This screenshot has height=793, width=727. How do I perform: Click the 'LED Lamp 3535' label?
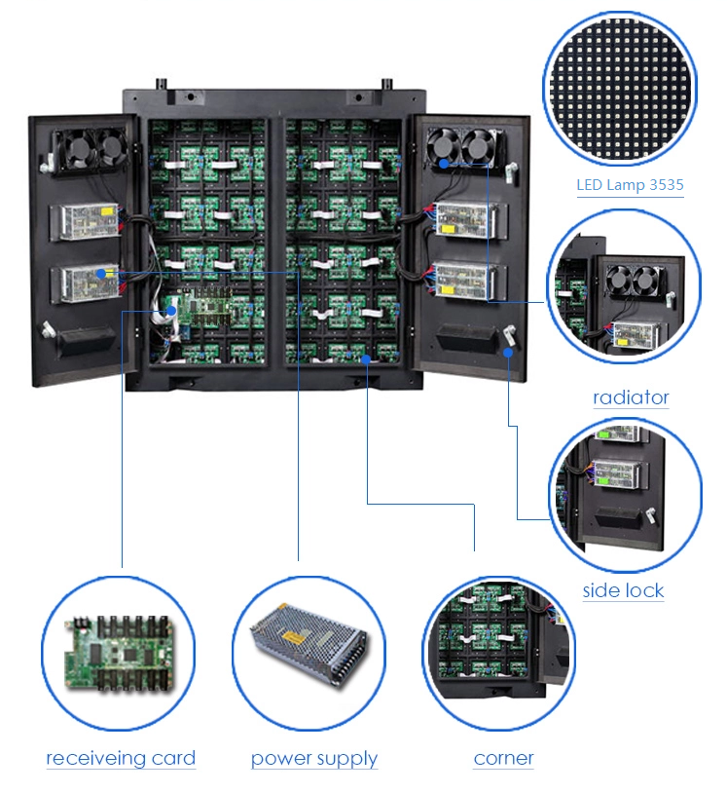(x=629, y=185)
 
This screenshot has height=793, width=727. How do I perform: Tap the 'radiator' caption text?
(x=631, y=397)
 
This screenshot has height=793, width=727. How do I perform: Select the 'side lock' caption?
(x=623, y=590)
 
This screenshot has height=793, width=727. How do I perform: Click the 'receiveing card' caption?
(x=121, y=759)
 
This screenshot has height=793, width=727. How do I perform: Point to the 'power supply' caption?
(x=313, y=759)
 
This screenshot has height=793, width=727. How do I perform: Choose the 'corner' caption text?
(x=503, y=759)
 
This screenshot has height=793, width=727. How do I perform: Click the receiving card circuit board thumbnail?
(x=118, y=651)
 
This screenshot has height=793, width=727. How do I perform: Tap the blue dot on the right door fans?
(x=444, y=165)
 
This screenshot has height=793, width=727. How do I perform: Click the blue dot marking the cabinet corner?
(x=366, y=359)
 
